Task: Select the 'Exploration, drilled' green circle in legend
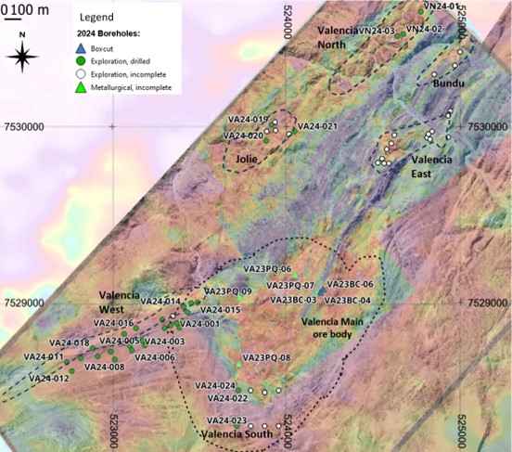pos(83,57)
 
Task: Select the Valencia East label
pos(432,166)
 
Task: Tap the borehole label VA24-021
pos(318,126)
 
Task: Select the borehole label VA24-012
pos(48,378)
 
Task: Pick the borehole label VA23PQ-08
pos(266,358)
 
